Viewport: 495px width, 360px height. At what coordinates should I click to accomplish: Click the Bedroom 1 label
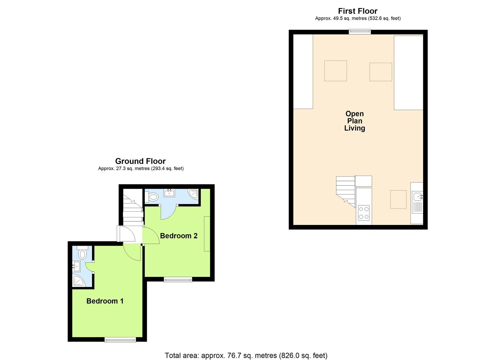pos(105,301)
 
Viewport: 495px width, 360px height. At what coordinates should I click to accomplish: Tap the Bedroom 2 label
pos(179,236)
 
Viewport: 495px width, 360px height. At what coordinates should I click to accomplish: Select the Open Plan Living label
pos(354,121)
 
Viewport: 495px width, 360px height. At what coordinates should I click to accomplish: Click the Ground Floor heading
pos(140,161)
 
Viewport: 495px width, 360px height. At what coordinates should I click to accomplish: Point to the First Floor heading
pos(358,11)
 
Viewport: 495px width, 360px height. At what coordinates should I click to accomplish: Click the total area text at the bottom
pos(246,355)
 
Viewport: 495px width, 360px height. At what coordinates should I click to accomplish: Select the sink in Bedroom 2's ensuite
pos(170,193)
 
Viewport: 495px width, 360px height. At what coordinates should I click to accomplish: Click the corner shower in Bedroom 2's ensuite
pos(193,194)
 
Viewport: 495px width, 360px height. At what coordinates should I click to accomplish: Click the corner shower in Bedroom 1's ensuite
pos(78,281)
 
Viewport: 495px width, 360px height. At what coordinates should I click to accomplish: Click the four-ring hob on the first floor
pos(364,213)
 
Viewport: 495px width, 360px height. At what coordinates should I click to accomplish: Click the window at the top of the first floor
pos(360,32)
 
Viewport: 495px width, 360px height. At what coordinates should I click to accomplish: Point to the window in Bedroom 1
pos(120,339)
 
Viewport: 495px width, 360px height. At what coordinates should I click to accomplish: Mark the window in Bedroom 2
pos(178,279)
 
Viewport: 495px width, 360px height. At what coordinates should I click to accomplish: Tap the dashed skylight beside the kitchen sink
pos(398,199)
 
